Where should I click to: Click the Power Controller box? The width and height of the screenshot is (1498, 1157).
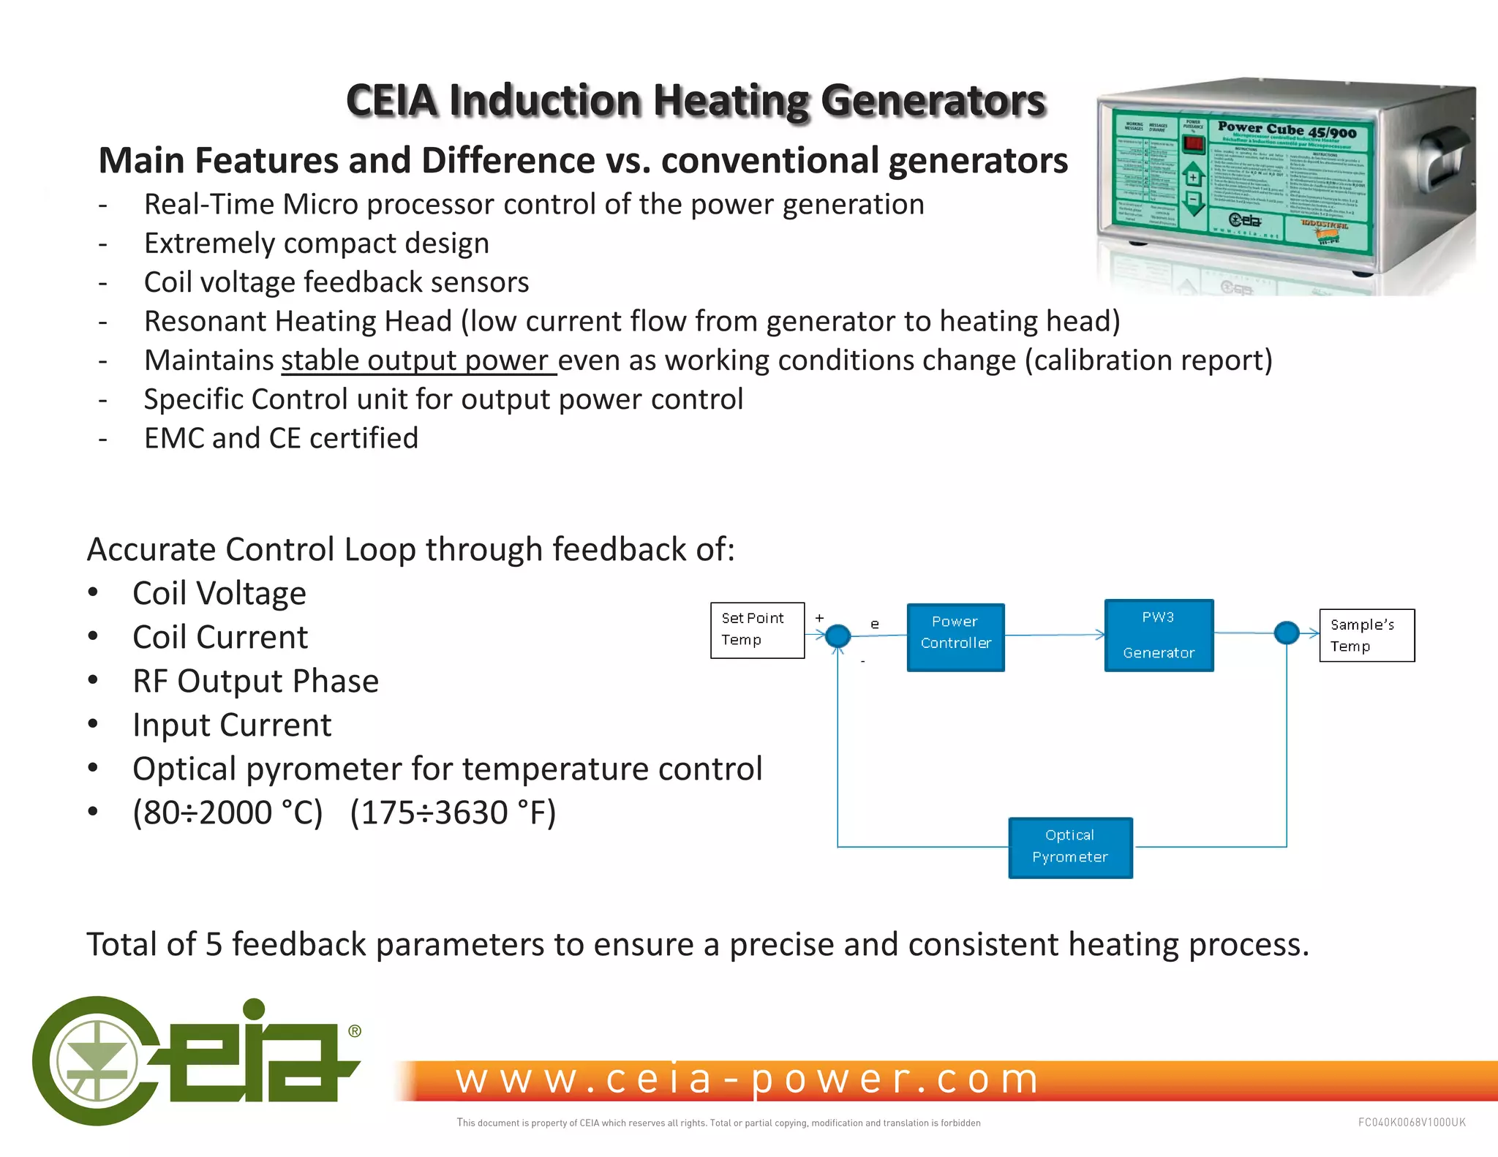(x=955, y=637)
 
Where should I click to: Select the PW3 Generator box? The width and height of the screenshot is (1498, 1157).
(x=1159, y=635)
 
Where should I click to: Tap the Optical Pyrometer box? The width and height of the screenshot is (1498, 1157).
(x=1070, y=847)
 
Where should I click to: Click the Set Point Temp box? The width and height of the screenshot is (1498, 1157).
(x=757, y=630)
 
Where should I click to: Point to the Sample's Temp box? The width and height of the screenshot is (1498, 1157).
(x=1366, y=635)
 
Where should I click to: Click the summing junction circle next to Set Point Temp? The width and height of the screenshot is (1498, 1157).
(x=838, y=635)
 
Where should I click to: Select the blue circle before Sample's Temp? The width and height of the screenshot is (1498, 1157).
(x=1286, y=632)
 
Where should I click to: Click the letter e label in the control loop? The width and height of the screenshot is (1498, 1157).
(x=875, y=624)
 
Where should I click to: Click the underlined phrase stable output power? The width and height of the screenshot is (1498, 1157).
(x=418, y=361)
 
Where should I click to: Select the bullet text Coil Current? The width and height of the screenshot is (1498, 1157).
(x=219, y=637)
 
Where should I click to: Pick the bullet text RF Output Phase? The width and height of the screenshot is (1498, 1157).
(x=255, y=681)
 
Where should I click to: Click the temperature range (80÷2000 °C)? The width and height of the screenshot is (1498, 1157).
(x=227, y=813)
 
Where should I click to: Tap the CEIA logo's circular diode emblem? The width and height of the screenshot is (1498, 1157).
(x=96, y=1060)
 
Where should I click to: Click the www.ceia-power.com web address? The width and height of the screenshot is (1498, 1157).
(x=746, y=1079)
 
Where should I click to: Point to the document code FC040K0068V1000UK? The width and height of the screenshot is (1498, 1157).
(x=1411, y=1122)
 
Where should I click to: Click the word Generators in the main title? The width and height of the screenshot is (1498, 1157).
(x=933, y=101)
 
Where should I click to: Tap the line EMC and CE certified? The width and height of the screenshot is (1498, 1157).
(x=281, y=438)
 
